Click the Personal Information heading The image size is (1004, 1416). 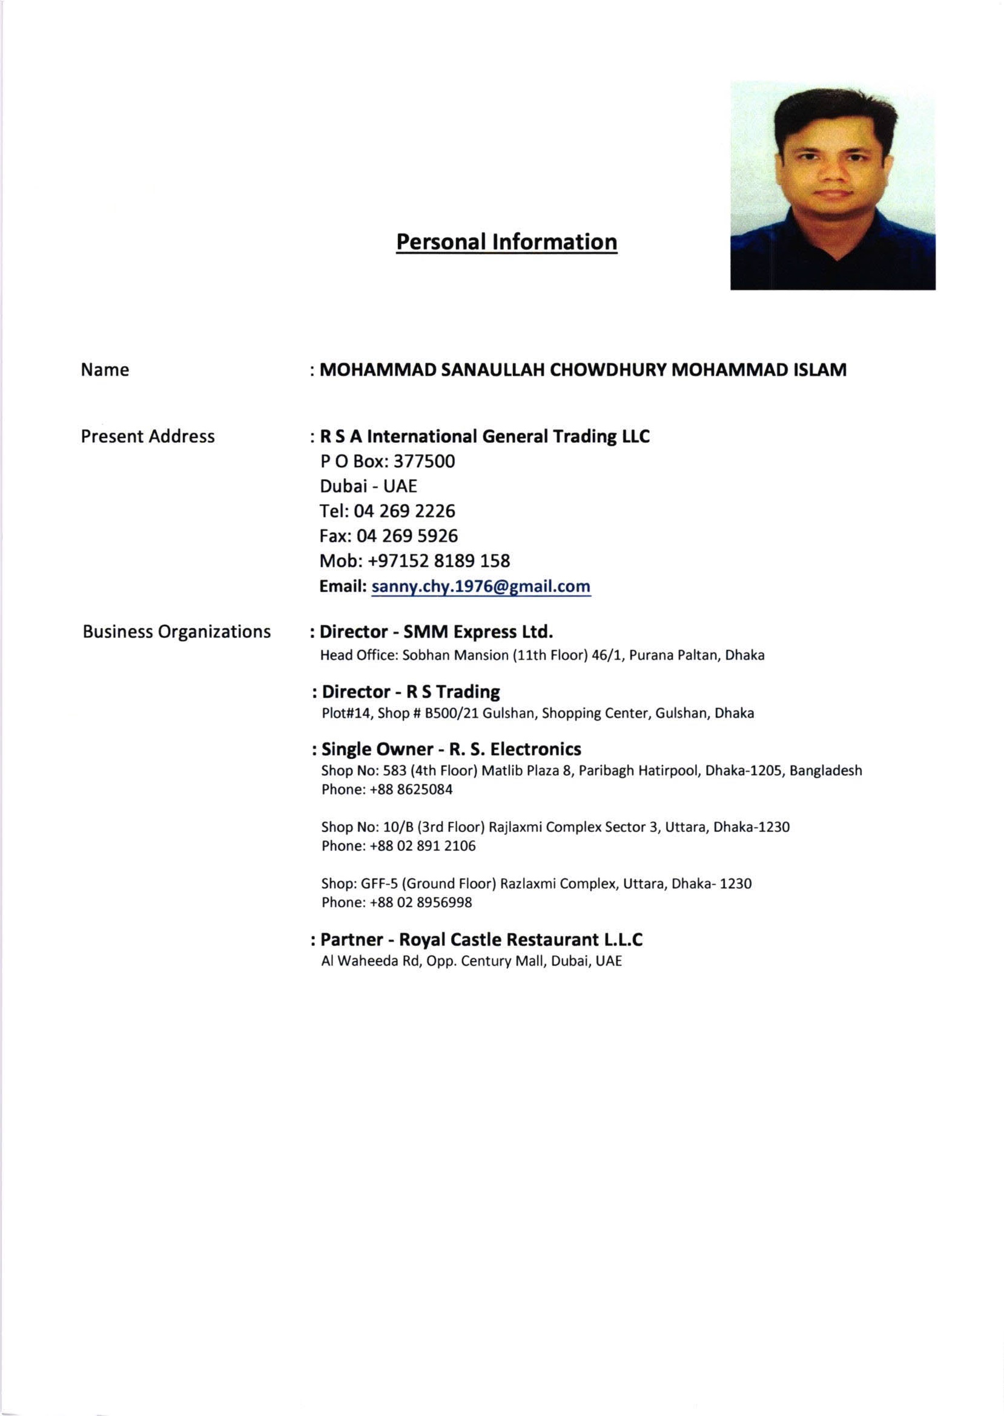tap(506, 241)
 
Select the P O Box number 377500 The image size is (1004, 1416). tap(424, 462)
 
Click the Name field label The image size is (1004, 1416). tap(105, 370)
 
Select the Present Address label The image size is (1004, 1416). tap(148, 436)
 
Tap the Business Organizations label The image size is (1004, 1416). tap(177, 631)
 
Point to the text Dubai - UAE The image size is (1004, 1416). tap(368, 486)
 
